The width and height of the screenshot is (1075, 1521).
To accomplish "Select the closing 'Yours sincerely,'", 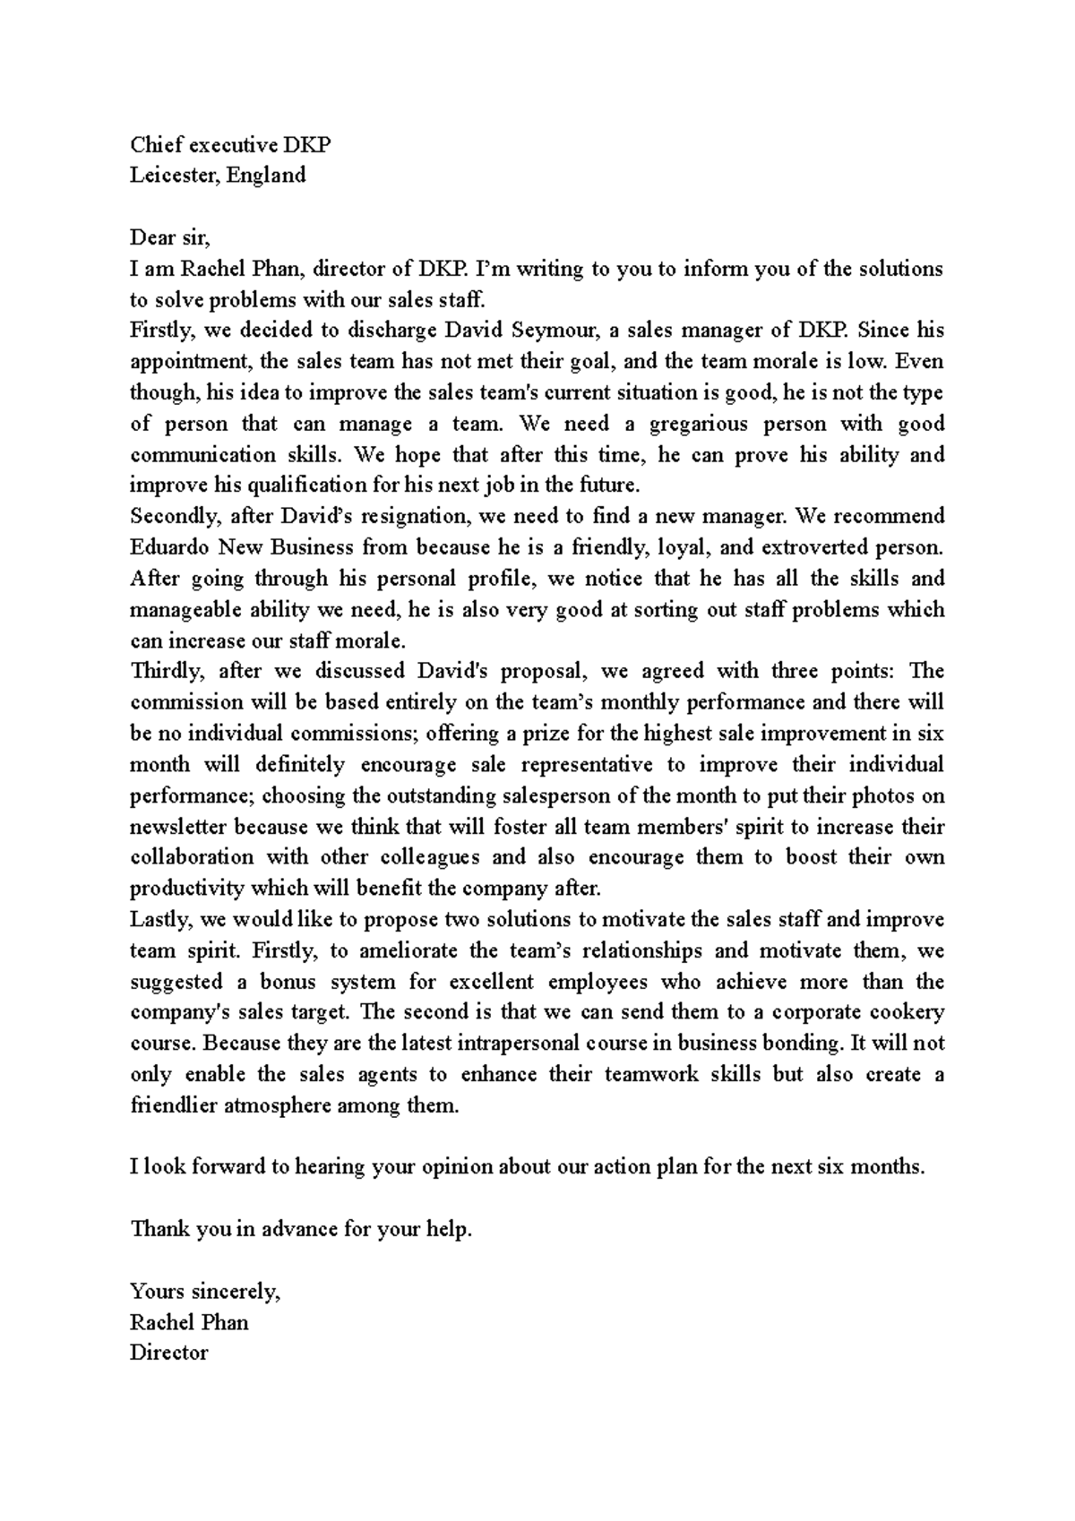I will tap(205, 1292).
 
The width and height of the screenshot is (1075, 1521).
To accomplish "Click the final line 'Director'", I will tap(168, 1353).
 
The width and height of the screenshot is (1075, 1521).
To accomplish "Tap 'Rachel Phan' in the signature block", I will tap(189, 1323).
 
